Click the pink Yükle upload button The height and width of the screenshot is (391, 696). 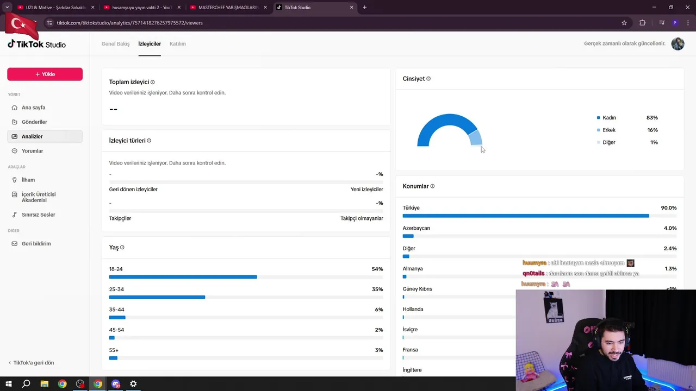(45, 74)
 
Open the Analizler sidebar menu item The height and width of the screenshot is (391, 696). (32, 136)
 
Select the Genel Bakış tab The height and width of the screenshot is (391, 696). (115, 44)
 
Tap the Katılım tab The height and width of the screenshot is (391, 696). (178, 44)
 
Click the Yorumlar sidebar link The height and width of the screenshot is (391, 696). (32, 151)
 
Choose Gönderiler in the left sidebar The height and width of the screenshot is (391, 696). (34, 122)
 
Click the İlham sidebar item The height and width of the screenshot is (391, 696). (28, 180)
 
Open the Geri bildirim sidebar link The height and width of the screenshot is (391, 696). (36, 244)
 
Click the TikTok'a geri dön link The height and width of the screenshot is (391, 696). (33, 363)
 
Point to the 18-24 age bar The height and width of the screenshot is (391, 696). (183, 277)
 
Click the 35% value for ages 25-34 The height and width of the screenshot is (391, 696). (377, 289)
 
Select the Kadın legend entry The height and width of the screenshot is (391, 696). (609, 118)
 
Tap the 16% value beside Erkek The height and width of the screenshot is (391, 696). (652, 130)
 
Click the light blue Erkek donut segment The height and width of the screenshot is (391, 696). (475, 138)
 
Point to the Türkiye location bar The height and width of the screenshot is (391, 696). (525, 216)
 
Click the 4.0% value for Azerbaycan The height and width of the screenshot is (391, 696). (670, 228)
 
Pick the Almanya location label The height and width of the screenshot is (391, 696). (413, 269)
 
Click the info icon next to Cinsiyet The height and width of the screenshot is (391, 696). (428, 79)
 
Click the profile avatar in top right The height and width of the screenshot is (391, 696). (678, 44)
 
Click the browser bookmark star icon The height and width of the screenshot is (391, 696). (624, 23)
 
